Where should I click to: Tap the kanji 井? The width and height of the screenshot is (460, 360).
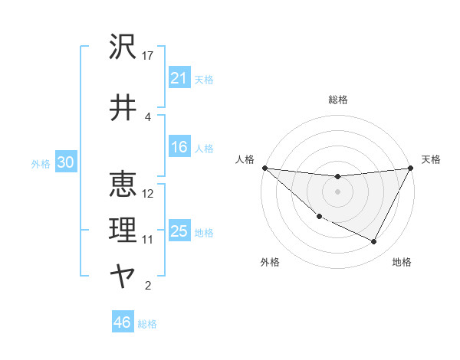(x=123, y=106)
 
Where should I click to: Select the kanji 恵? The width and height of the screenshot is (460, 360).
(x=123, y=183)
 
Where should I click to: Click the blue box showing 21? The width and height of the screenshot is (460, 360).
(x=179, y=78)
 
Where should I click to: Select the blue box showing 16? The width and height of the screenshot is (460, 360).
(x=179, y=148)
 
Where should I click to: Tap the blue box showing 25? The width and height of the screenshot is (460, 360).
(x=179, y=232)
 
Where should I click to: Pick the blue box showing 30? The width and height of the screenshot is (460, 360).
(x=65, y=163)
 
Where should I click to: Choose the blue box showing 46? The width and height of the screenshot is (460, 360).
(x=123, y=322)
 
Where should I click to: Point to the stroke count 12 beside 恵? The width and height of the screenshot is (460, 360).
(x=149, y=193)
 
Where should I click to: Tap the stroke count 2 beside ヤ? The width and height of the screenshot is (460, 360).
(x=148, y=286)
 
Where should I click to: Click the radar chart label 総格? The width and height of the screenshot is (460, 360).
(x=338, y=100)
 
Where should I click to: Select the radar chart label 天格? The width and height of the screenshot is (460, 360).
(x=431, y=159)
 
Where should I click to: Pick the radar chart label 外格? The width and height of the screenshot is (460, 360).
(x=270, y=262)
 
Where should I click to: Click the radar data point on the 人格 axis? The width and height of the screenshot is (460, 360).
(x=264, y=168)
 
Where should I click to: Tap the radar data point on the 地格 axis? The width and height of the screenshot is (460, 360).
(x=374, y=242)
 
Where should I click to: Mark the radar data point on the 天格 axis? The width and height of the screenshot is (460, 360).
(x=411, y=168)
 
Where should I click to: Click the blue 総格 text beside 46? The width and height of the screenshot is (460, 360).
(x=147, y=324)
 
